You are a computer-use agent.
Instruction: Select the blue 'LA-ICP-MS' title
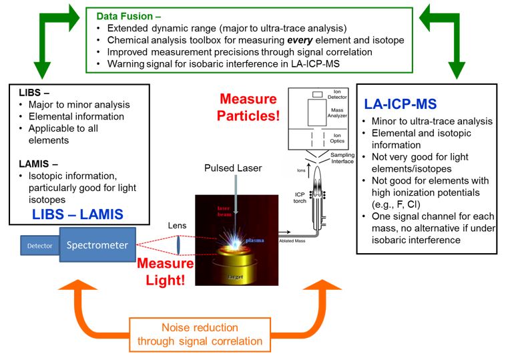pyautogui.click(x=400, y=104)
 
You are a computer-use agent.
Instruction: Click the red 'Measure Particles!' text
pyautogui.click(x=248, y=108)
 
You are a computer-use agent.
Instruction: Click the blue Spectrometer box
pyautogui.click(x=97, y=245)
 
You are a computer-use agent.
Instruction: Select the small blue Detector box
pyautogui.click(x=39, y=246)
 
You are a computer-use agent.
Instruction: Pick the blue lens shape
pyautogui.click(x=179, y=244)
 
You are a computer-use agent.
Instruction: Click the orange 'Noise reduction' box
pyautogui.click(x=200, y=335)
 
